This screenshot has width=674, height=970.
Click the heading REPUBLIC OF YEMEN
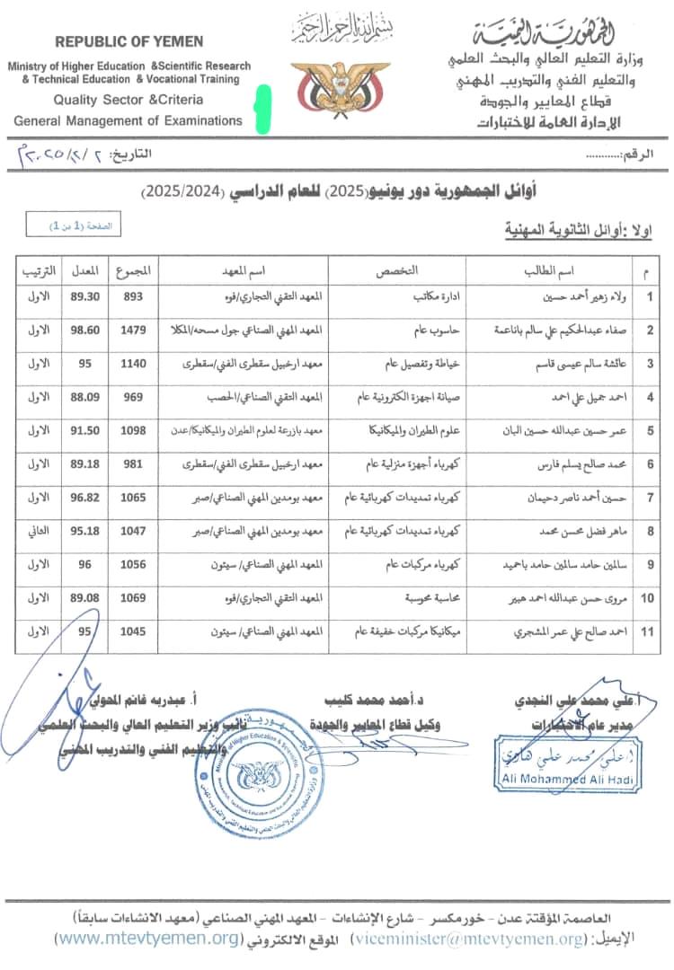(x=129, y=41)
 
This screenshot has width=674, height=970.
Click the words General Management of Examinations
(x=128, y=120)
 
